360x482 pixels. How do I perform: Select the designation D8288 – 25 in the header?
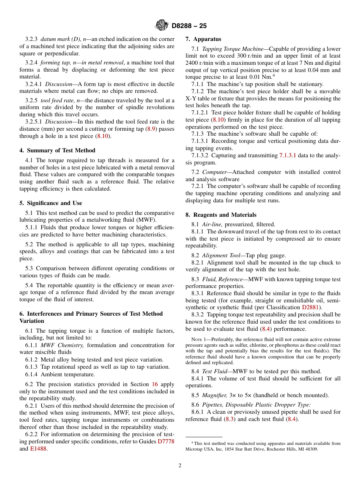point(189,26)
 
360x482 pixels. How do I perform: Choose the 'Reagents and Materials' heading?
point(221,215)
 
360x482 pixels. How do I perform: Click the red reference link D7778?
point(166,441)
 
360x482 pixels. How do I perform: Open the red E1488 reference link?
point(39,449)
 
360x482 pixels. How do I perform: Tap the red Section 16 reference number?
point(155,384)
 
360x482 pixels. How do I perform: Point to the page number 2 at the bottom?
point(180,466)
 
